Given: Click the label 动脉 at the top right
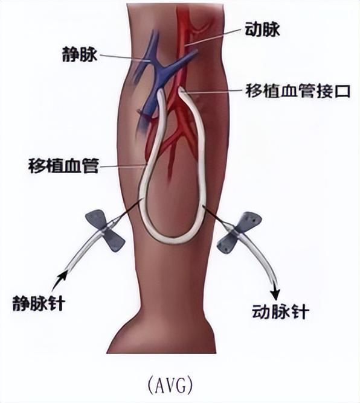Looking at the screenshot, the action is click(262, 29).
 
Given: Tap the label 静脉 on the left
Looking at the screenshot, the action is click(80, 54).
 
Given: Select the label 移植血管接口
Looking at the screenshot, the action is click(298, 90).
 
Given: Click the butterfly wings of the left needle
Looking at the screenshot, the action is click(105, 230).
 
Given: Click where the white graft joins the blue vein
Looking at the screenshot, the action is click(161, 92).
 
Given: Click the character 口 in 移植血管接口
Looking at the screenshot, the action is click(342, 90).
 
